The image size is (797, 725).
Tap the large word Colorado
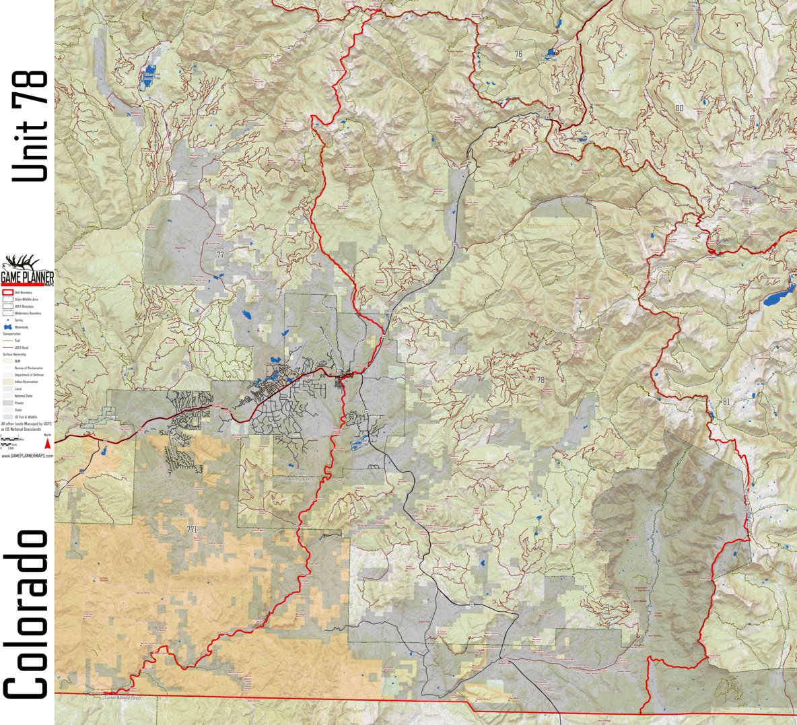click(27, 613)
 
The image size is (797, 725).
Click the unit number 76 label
click(518, 54)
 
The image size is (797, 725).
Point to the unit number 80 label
click(679, 108)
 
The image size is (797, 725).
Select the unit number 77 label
click(220, 254)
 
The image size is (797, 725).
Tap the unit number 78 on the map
click(540, 380)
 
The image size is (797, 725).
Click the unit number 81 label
click(725, 402)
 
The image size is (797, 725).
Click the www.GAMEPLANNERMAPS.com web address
click(27, 456)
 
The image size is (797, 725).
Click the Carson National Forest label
click(125, 699)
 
